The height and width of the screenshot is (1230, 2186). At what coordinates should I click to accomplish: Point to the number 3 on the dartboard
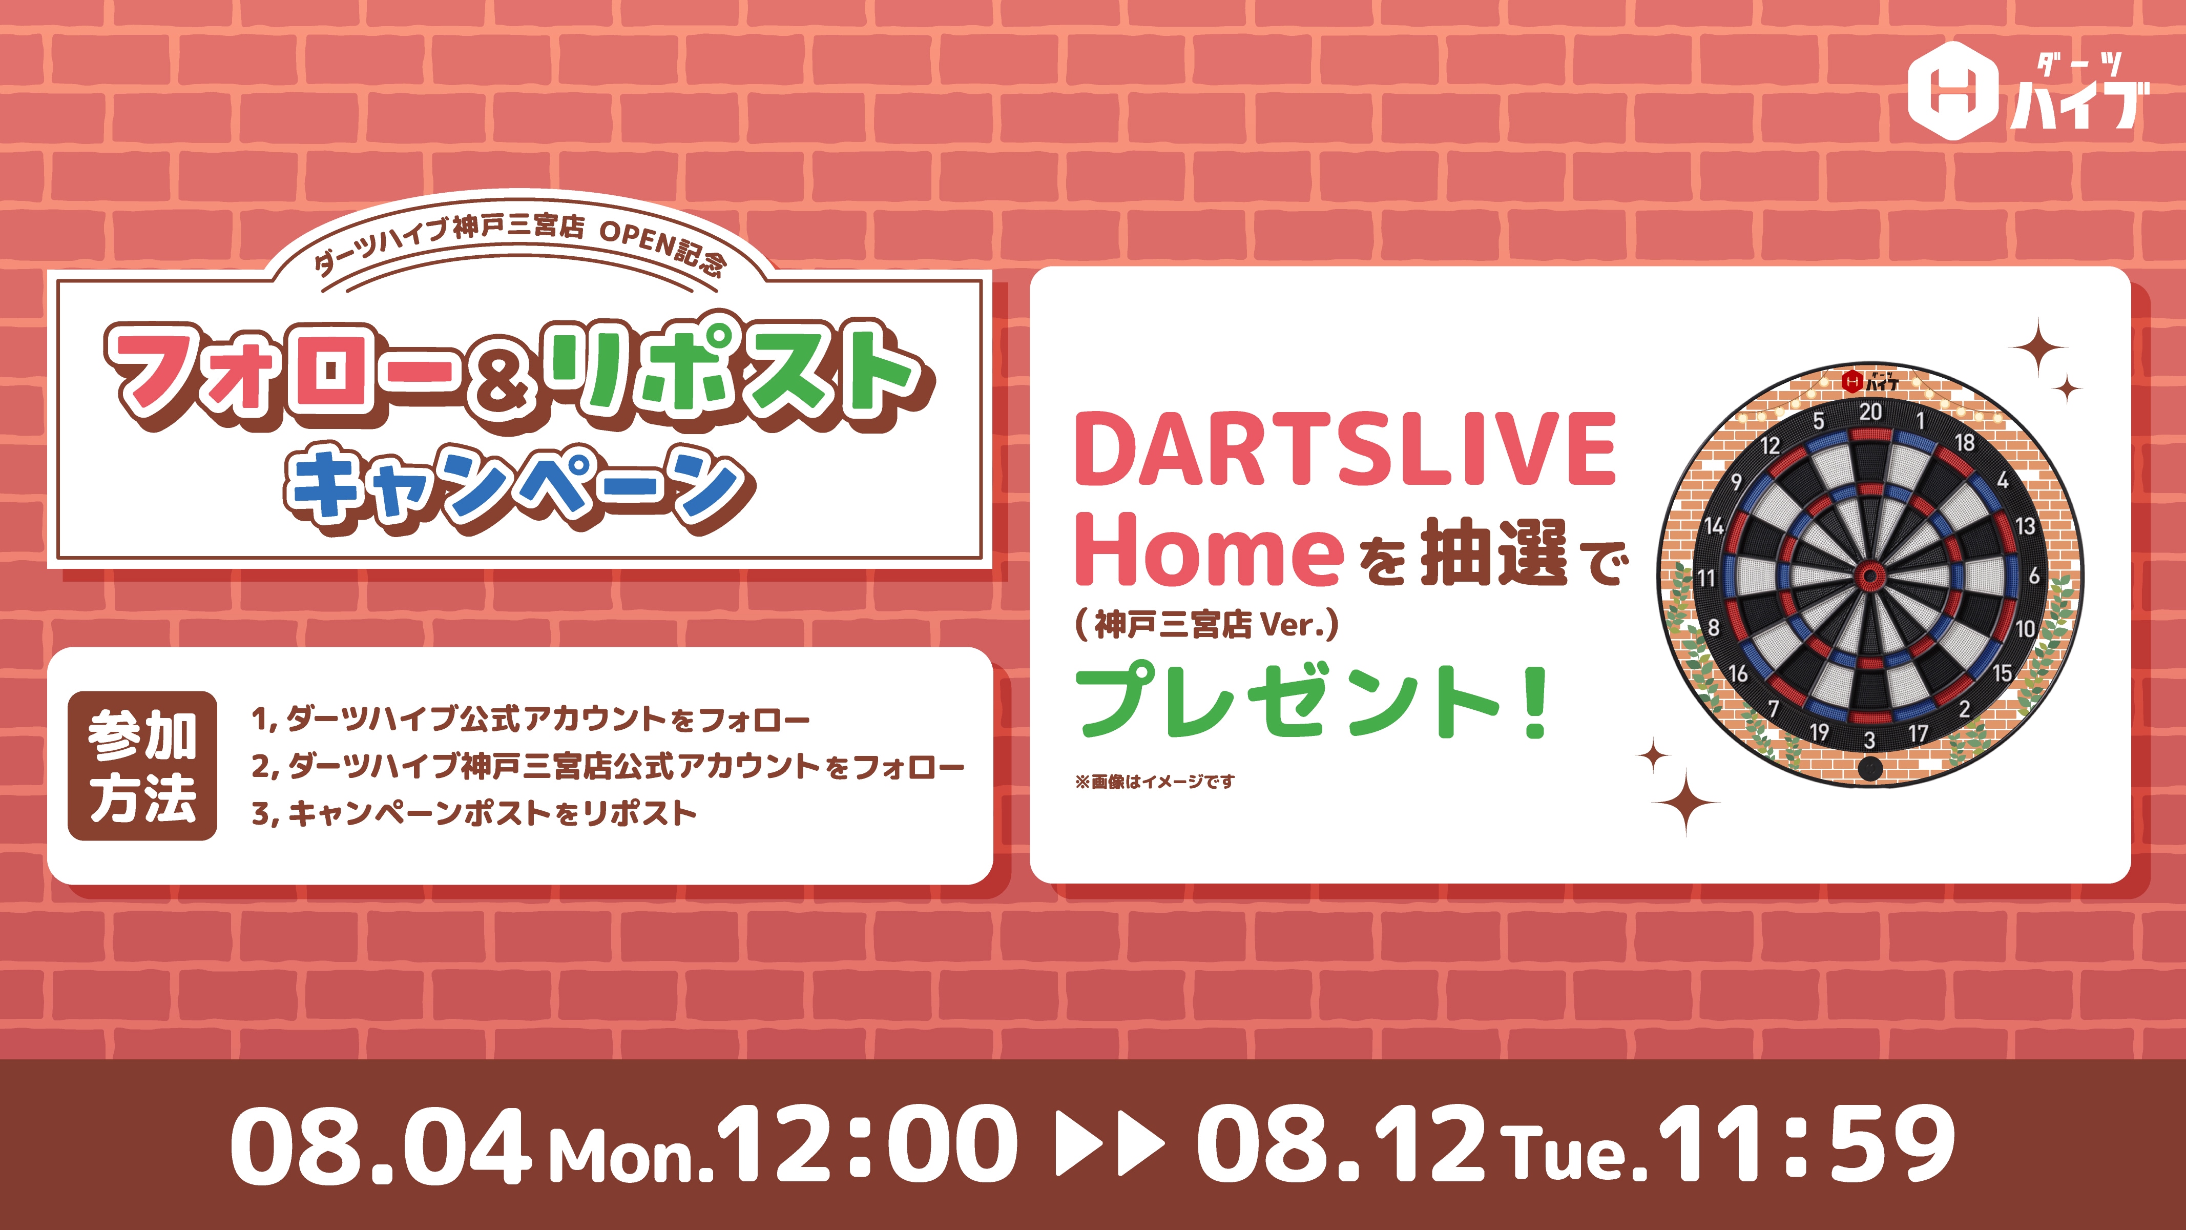(1869, 740)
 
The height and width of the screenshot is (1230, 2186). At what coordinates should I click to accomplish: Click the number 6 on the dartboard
(2034, 576)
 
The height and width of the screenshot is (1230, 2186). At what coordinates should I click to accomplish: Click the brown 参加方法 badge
(142, 766)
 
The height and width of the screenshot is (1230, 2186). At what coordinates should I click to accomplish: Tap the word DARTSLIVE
(1345, 448)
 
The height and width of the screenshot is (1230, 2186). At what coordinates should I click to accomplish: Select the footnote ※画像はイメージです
(1155, 781)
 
